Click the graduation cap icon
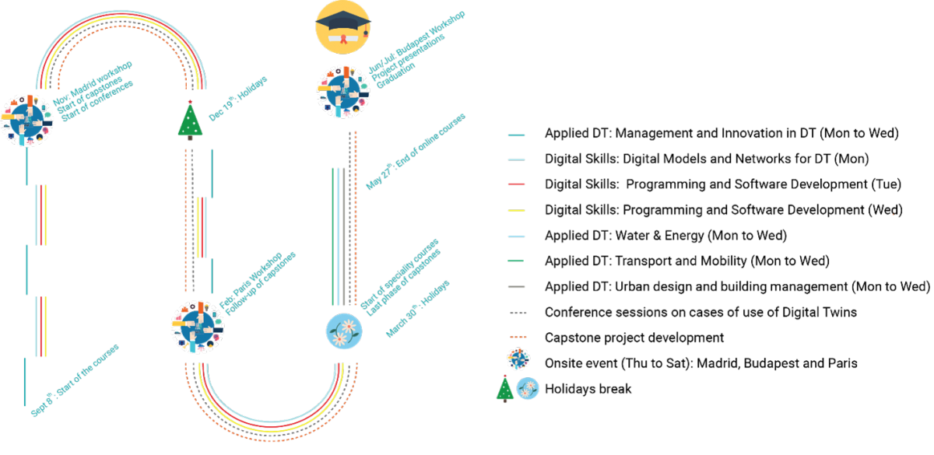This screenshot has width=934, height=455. (x=342, y=26)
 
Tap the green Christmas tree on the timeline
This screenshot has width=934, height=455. (x=190, y=121)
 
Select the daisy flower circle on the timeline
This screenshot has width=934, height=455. (x=343, y=331)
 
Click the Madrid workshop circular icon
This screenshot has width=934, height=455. (x=27, y=120)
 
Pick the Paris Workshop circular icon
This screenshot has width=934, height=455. (x=198, y=327)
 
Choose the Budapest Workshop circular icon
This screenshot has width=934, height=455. (x=343, y=92)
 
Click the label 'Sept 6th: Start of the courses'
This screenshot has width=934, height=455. (x=75, y=380)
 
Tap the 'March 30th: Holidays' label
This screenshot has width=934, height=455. (x=419, y=309)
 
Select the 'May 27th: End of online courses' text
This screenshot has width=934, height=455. (x=416, y=152)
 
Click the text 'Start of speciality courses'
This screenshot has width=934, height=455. (x=399, y=273)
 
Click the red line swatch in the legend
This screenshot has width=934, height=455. (x=517, y=184)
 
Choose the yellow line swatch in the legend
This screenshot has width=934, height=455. (x=517, y=210)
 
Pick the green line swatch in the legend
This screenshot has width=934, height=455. (x=516, y=261)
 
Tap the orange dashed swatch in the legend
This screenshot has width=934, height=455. (x=517, y=337)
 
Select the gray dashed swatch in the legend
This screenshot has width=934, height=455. (x=518, y=312)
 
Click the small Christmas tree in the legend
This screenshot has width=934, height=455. (x=505, y=388)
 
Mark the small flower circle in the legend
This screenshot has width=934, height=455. (x=528, y=388)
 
